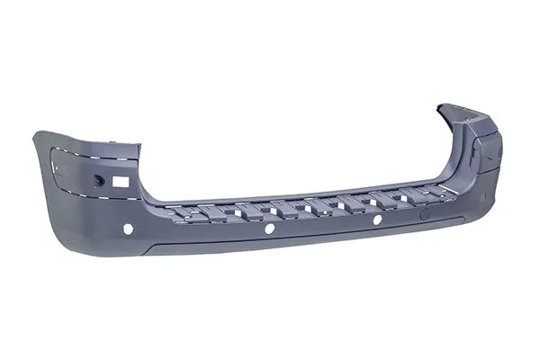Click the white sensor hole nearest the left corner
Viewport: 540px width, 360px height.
tap(127, 229)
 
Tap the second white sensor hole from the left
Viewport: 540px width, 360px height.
tap(269, 229)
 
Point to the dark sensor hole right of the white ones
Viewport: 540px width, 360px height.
tap(425, 214)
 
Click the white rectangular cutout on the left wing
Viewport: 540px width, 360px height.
tap(121, 181)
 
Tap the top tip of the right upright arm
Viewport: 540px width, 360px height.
tap(443, 105)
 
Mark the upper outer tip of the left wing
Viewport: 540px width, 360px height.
tap(36, 134)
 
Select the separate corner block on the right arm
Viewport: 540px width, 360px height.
tap(489, 144)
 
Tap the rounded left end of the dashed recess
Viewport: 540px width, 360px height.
tap(55, 166)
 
